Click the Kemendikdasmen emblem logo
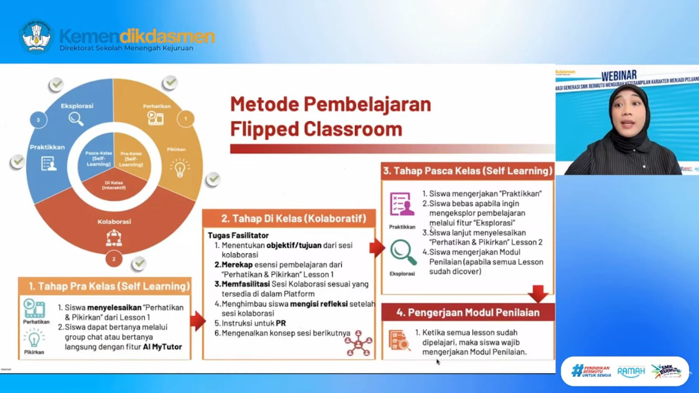tap(37, 36)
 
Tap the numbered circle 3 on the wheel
tap(38, 120)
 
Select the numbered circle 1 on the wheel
tap(185, 118)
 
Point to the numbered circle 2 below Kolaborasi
tap(114, 259)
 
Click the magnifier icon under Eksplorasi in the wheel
tap(76, 119)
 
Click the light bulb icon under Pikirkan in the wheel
tap(180, 168)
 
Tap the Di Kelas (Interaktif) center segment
tap(114, 185)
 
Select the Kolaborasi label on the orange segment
tap(114, 222)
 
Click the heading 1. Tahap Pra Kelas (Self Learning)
tap(109, 286)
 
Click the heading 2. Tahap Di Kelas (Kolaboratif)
tap(293, 219)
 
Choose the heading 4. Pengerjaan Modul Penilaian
tap(468, 313)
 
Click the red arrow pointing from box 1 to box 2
tap(197, 321)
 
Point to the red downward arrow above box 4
tap(538, 293)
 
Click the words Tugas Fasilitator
tap(238, 235)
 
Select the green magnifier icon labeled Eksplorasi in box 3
tap(403, 253)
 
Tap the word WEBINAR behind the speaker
tap(619, 76)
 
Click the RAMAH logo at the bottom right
tap(631, 372)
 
